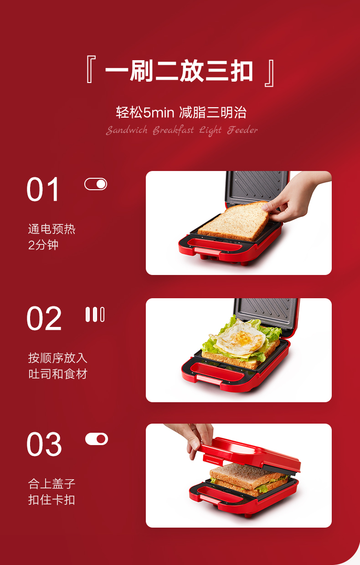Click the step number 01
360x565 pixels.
point(43,189)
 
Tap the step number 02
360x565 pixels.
point(44,318)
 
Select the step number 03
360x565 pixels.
point(44,444)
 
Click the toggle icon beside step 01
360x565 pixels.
point(96,184)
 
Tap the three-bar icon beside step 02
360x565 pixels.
point(95,314)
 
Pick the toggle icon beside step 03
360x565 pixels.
point(97,439)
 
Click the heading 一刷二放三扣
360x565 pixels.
point(179,71)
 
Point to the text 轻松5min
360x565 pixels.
point(145,113)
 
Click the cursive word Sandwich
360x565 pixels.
point(127,130)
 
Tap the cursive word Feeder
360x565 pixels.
point(242,130)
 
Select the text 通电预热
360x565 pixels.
point(51,229)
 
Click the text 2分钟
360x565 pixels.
point(43,245)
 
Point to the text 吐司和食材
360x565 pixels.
point(58,374)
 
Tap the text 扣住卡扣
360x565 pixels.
point(51,500)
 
